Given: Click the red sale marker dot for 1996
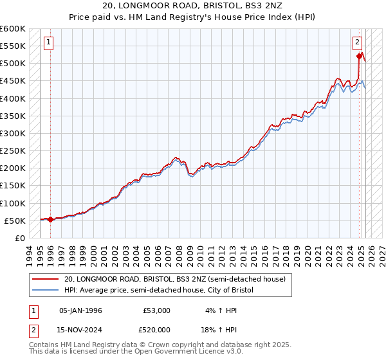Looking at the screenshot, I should click(50, 219).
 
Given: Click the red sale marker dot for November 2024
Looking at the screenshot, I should click(359, 57).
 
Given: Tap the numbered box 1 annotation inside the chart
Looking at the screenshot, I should click(49, 43).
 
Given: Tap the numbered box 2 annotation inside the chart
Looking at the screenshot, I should click(357, 43).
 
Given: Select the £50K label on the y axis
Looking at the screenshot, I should click(15, 221).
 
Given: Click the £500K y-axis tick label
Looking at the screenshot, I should click(12, 63).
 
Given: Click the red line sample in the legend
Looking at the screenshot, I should click(46, 279).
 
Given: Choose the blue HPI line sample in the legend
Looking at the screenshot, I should click(46, 291).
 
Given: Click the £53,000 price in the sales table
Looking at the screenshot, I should click(157, 310).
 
